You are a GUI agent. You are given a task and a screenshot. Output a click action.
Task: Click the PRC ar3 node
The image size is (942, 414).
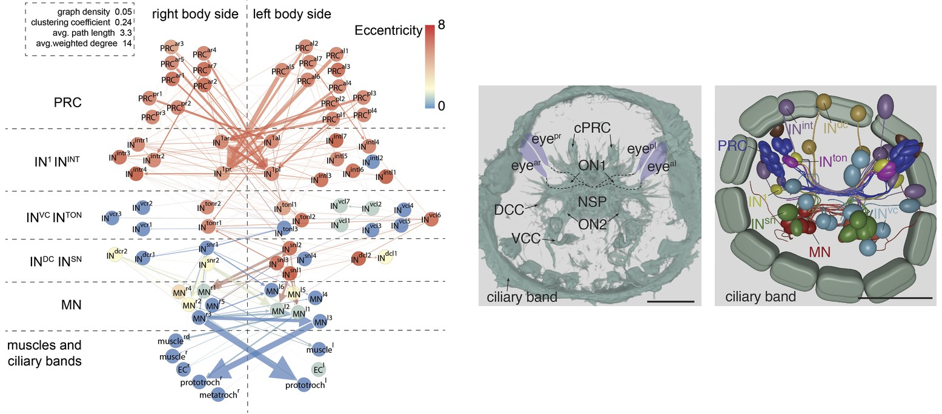point(167,48)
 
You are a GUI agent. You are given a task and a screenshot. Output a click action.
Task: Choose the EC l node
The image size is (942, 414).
point(318,369)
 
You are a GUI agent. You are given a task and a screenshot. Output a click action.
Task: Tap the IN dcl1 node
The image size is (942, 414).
point(385,258)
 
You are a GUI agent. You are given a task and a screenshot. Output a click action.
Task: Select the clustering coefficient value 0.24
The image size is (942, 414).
point(123,22)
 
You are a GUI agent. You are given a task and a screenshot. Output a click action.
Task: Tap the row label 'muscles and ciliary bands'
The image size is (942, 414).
point(44,353)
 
